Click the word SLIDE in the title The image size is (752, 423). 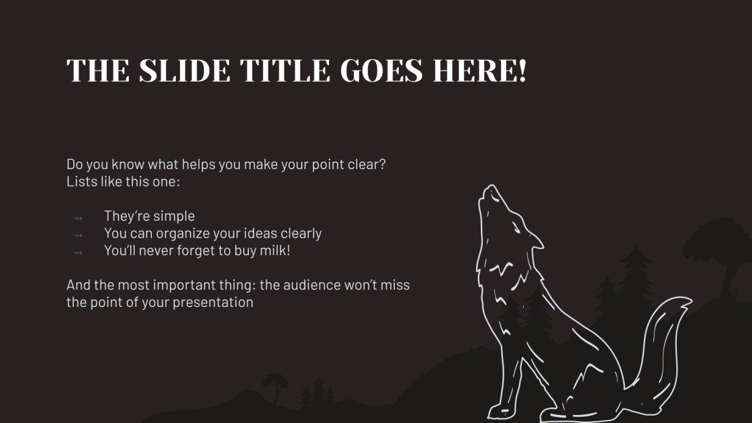176,70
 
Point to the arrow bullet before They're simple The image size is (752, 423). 77,218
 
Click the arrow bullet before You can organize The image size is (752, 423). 77,235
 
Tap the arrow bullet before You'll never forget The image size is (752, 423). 77,252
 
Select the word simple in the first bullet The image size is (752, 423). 173,216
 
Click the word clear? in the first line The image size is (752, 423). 367,164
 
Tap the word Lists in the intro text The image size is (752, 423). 81,181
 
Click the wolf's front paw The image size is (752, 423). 500,408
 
